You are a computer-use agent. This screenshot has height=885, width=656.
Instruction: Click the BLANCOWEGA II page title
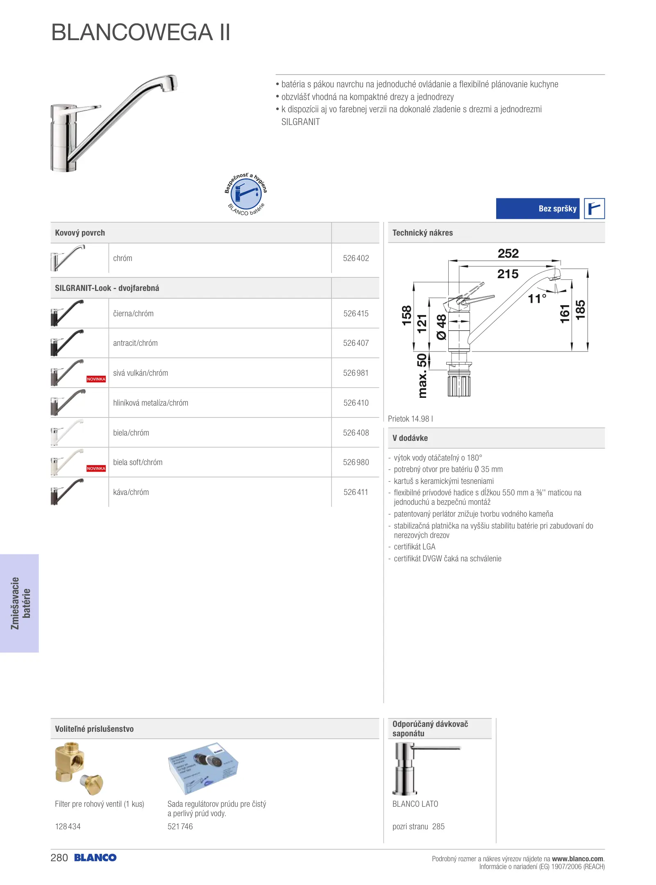pyautogui.click(x=141, y=32)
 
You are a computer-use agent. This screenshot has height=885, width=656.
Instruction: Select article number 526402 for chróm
pyautogui.click(x=356, y=258)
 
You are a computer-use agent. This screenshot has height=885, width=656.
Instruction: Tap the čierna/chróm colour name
pyautogui.click(x=133, y=313)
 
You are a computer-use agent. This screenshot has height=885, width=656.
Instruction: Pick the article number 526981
pyautogui.click(x=356, y=373)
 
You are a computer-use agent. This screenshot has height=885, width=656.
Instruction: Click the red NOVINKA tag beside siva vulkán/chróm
pyautogui.click(x=96, y=379)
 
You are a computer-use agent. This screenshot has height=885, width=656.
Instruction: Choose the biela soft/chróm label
pyautogui.click(x=138, y=462)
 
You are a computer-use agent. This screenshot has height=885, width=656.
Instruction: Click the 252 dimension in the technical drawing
pyautogui.click(x=508, y=253)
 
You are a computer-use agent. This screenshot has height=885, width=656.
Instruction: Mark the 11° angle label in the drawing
pyautogui.click(x=537, y=298)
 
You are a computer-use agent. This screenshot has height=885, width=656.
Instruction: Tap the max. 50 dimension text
pyautogui.click(x=422, y=375)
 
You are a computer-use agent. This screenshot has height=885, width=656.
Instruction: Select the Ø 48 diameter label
pyautogui.click(x=441, y=327)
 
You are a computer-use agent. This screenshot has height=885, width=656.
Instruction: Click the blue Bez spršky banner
pyautogui.click(x=538, y=209)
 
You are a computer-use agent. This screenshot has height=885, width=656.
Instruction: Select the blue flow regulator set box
pyautogui.click(x=203, y=767)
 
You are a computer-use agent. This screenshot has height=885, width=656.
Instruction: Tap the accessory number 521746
pyautogui.click(x=180, y=826)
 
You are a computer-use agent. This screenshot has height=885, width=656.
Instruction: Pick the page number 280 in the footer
pyautogui.click(x=59, y=858)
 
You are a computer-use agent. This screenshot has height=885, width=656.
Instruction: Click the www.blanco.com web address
pyautogui.click(x=577, y=858)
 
